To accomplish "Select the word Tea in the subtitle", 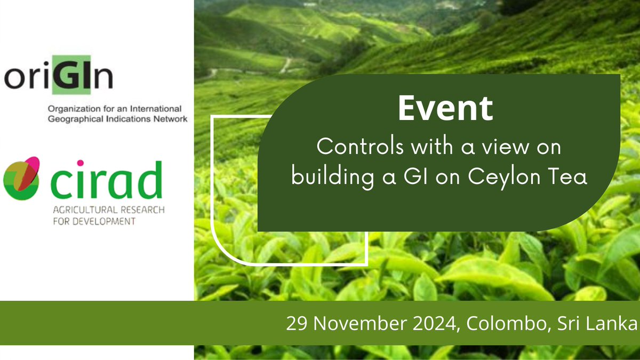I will [570, 177].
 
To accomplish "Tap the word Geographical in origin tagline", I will [72, 119].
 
